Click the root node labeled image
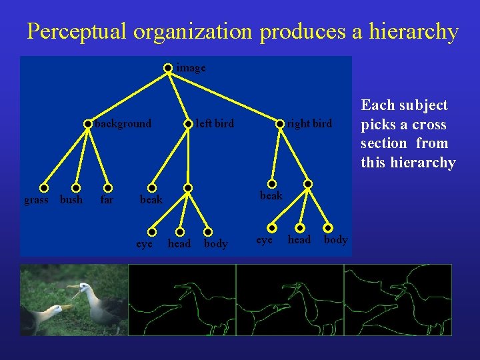[x=169, y=67]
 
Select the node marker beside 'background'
[x=88, y=123]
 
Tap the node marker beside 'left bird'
[x=189, y=123]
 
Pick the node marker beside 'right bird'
[x=281, y=123]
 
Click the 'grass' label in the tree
[x=36, y=199]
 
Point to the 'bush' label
[x=71, y=199]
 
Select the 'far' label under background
[x=107, y=199]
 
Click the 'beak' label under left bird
[x=151, y=199]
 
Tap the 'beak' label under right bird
[x=271, y=195]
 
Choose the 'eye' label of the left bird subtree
[x=145, y=243]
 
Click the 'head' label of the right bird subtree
[x=299, y=239]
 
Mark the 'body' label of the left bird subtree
[x=215, y=244]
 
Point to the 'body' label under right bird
[x=336, y=239]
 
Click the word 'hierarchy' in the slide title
[x=414, y=31]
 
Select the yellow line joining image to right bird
[x=227, y=95]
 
